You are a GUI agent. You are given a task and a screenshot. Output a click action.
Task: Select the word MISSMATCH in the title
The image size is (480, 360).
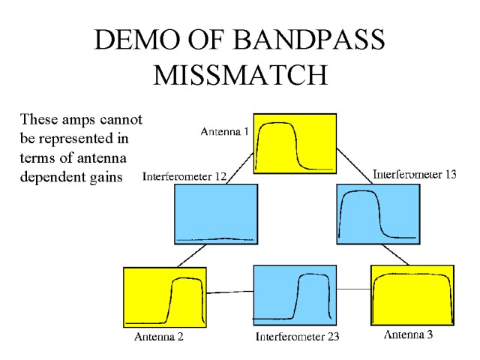coord(240,74)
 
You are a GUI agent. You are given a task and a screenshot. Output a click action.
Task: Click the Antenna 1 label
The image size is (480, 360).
coord(224,132)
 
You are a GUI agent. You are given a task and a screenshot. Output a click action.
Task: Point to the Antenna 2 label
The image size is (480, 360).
coord(159,336)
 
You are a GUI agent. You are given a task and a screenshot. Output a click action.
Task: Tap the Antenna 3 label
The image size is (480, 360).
coord(408,334)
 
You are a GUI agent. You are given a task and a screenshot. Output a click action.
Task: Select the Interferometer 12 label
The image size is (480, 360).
coord(184,177)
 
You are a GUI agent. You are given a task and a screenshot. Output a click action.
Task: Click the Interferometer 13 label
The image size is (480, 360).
coord(414,175)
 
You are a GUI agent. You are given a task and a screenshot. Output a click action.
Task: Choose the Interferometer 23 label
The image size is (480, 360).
coord(297,336)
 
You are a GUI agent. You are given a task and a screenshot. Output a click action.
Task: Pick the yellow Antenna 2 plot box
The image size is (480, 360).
coord(164,296)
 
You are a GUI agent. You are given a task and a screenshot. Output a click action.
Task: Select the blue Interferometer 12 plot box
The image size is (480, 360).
coord(215,213)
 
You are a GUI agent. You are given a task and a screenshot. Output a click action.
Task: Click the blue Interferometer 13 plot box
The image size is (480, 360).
coord(376,213)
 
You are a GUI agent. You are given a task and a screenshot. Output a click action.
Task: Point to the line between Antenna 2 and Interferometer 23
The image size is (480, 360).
coord(229,292)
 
